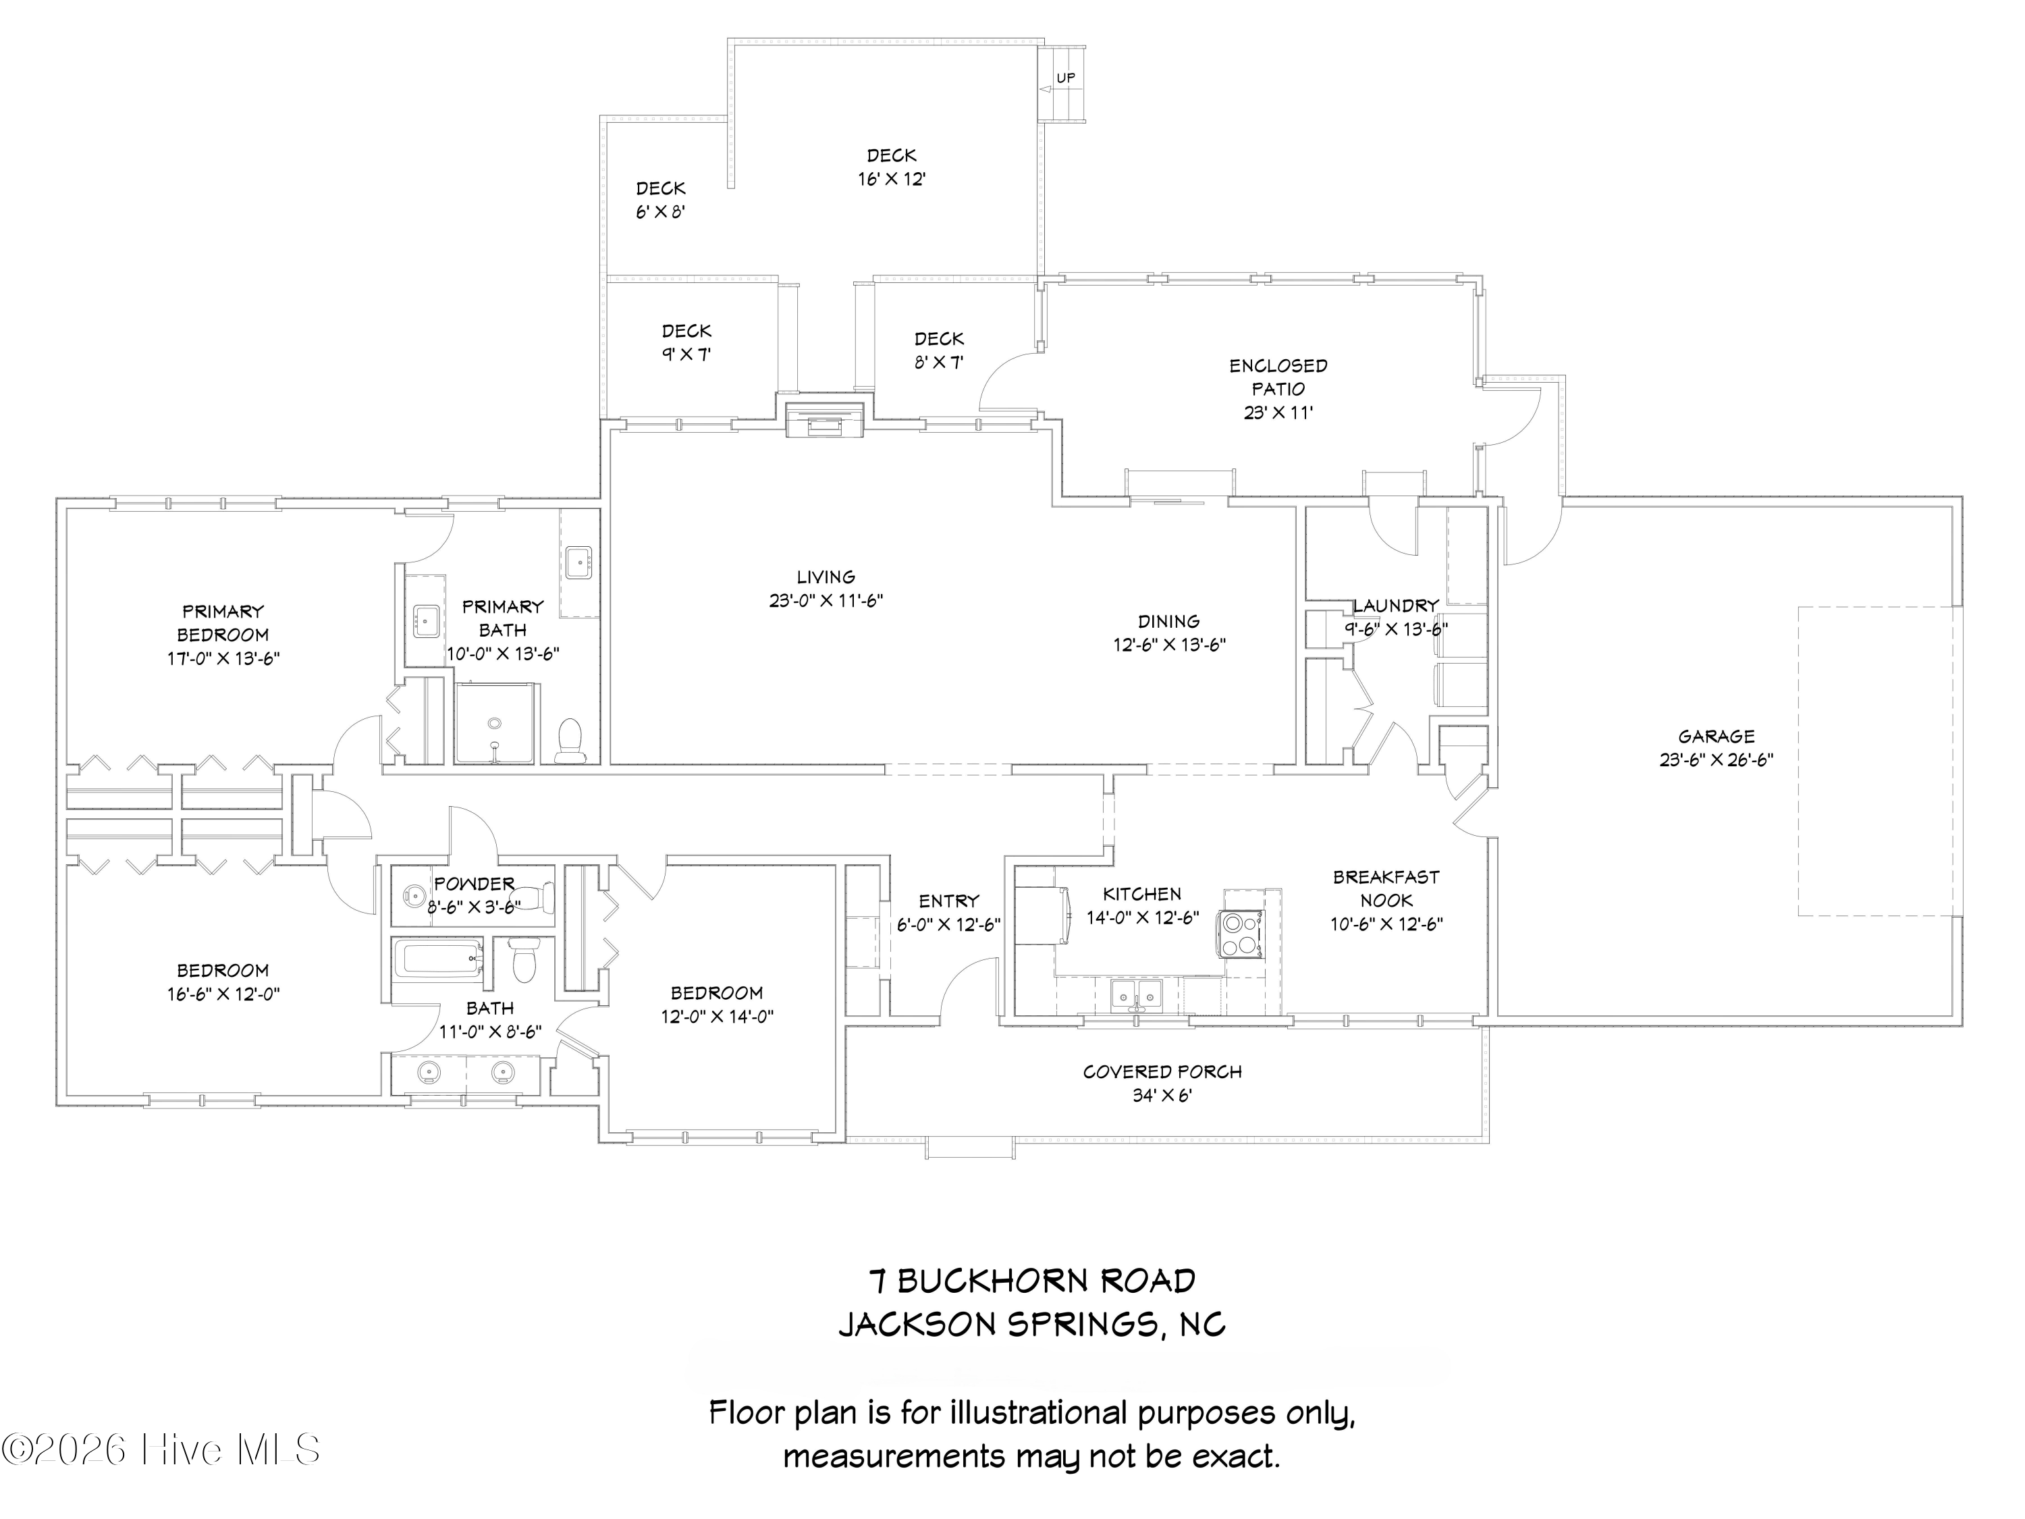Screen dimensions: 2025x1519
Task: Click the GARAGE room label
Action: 1717,736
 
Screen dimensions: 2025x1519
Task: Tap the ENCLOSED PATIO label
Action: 1278,377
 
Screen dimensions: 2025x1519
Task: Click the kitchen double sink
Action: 1136,994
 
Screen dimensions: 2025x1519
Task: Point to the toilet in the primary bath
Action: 570,741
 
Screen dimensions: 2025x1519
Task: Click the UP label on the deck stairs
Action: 1066,79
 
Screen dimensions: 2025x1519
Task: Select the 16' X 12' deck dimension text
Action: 892,180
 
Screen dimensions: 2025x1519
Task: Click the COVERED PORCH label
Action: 1162,1071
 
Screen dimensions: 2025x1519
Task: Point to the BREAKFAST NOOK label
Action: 1386,888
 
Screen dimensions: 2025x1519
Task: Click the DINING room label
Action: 1169,622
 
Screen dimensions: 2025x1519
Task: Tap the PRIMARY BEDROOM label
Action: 223,622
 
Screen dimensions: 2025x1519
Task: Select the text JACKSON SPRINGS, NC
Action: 1031,1324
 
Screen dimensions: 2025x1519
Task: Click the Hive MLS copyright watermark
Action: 161,1449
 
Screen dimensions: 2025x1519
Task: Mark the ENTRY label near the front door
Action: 949,901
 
